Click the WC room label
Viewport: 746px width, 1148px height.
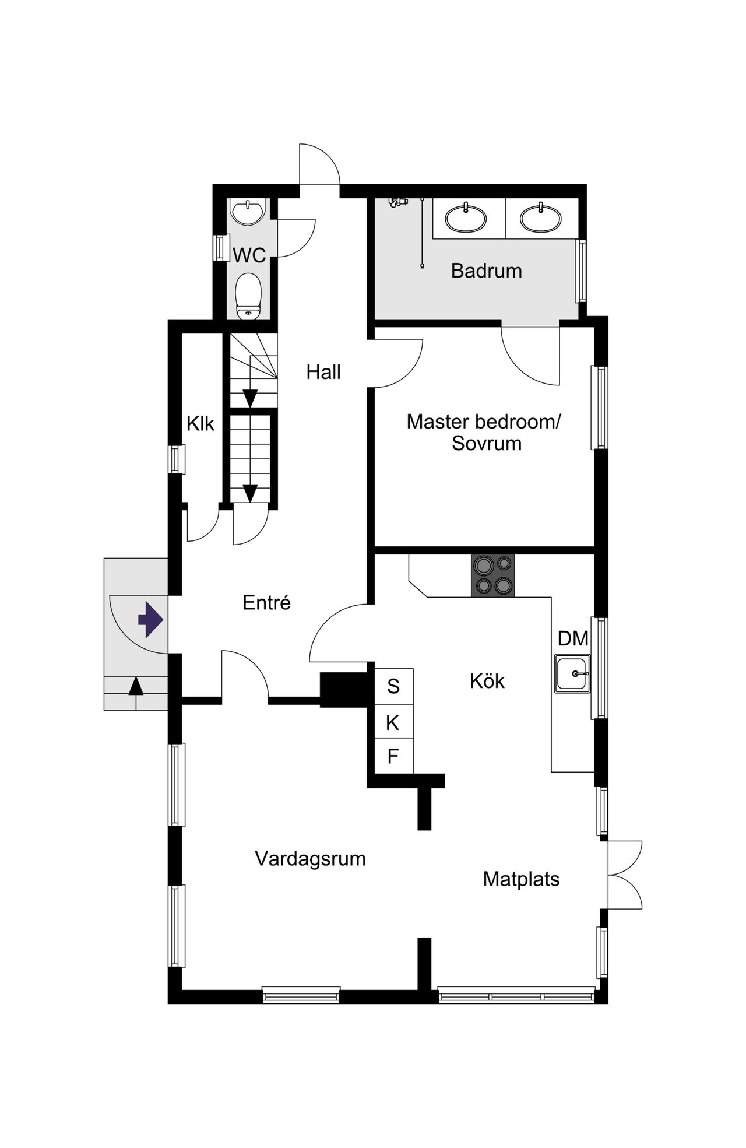249,255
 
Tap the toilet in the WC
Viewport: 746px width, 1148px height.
249,296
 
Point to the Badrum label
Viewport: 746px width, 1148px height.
487,271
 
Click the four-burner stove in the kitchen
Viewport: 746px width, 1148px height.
493,575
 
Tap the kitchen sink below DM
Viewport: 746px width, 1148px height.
573,673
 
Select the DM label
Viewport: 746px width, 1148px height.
573,638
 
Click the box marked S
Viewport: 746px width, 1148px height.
393,686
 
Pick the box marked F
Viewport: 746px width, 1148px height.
393,757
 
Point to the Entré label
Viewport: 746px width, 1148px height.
267,602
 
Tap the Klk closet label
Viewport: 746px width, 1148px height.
200,424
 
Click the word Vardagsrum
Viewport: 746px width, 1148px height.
311,859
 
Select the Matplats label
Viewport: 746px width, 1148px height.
521,879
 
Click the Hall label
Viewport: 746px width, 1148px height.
323,372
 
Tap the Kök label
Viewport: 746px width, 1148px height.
487,681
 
